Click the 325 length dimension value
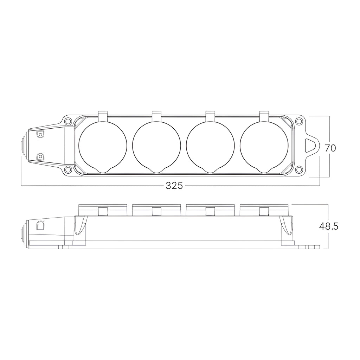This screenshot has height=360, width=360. click(x=174, y=186)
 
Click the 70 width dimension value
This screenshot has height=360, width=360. click(x=330, y=148)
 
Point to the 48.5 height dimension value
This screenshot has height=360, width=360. click(x=329, y=226)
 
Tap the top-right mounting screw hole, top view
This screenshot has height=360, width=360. click(x=298, y=121)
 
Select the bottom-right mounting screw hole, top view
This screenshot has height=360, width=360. click(x=298, y=170)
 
